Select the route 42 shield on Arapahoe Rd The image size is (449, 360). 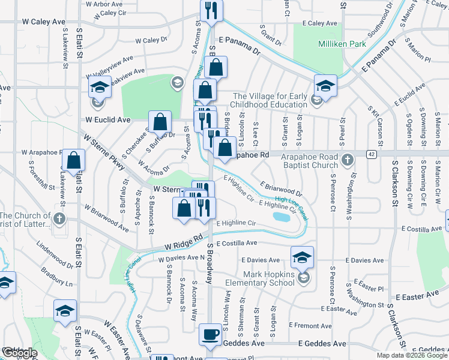click(372, 154)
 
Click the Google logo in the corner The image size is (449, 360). click(19, 353)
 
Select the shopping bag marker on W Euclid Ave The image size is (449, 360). click(160, 123)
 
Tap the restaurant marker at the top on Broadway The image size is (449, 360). click(211, 10)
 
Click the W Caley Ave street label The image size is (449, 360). click(43, 22)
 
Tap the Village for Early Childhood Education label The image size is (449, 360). click(270, 100)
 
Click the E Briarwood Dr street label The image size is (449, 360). click(281, 189)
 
